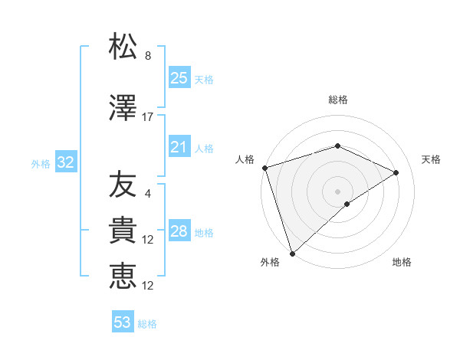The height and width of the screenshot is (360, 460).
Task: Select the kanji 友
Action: coord(123,185)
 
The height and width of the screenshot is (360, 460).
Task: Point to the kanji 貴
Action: coord(123,231)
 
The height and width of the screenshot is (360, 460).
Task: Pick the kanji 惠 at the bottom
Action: coord(123,277)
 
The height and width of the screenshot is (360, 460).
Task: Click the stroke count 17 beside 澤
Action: coord(148,117)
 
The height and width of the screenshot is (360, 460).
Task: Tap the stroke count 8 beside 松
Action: coord(148,56)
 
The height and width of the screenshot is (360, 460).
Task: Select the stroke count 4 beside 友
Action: coord(148,194)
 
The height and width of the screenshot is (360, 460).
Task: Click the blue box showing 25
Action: coord(179,77)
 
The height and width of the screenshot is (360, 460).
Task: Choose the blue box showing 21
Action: coord(179,147)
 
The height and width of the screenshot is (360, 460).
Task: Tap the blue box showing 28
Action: coord(179,231)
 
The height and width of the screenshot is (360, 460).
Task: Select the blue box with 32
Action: coord(65,162)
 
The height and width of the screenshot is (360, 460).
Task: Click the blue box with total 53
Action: coord(122,322)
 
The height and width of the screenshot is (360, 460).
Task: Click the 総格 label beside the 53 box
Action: coord(147,324)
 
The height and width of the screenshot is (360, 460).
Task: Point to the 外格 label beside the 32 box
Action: coord(41,163)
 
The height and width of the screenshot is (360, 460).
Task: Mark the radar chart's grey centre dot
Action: coord(337,191)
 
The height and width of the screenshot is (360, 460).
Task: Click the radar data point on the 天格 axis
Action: coord(396,172)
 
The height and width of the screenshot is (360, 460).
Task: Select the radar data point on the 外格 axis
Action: coord(292,253)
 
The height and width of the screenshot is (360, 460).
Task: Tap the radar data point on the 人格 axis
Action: coord(264,168)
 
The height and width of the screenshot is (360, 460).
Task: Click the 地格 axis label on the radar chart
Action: coord(402,262)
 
